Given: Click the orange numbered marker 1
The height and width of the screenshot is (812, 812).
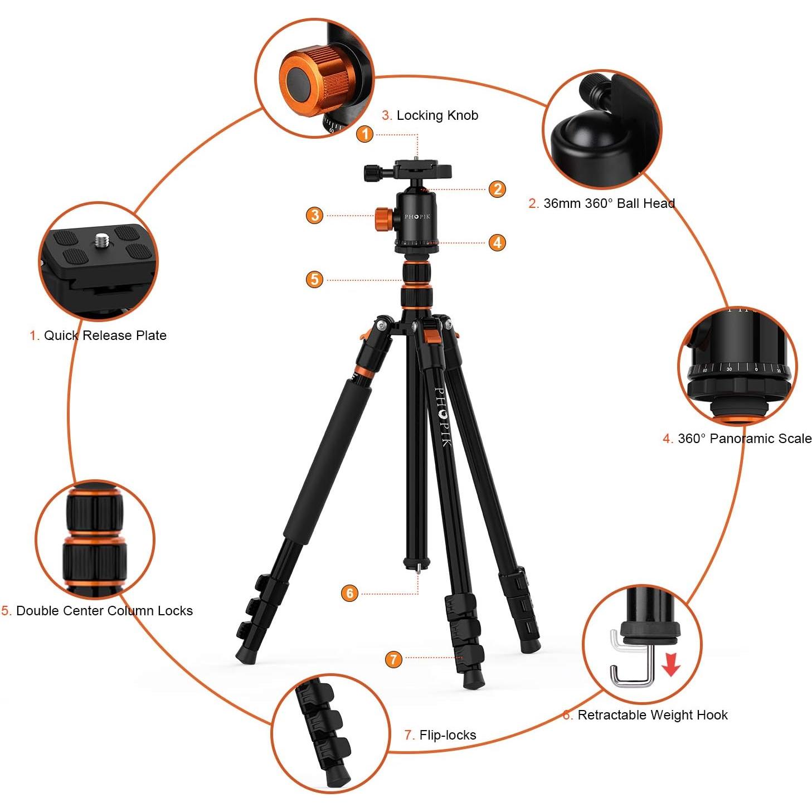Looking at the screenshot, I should [364, 134].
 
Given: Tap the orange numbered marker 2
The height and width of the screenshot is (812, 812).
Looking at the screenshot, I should [497, 189].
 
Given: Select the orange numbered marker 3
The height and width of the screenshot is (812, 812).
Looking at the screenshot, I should [315, 215].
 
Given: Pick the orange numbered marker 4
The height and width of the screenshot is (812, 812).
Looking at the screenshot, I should [497, 242].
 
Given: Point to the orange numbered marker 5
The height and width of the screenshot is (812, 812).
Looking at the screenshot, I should [315, 279].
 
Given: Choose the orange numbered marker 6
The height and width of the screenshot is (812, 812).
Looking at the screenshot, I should [349, 593].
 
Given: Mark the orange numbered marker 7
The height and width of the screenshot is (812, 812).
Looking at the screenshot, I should [393, 659].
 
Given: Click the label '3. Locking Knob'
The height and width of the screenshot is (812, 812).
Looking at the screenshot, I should [430, 115].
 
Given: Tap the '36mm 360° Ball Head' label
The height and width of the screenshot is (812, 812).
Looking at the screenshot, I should [602, 203].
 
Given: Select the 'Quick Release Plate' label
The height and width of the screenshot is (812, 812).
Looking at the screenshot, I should [98, 336].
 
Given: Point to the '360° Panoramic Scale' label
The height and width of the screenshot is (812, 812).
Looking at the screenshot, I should [737, 439].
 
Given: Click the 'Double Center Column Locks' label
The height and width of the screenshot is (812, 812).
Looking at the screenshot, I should [97, 611].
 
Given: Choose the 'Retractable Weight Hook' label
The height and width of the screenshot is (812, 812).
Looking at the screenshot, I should [645, 715].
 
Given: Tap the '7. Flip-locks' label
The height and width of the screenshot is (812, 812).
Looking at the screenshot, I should [440, 735].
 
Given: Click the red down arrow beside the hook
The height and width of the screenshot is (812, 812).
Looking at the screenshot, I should [672, 664].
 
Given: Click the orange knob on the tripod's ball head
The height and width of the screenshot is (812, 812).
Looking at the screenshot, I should [383, 217].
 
